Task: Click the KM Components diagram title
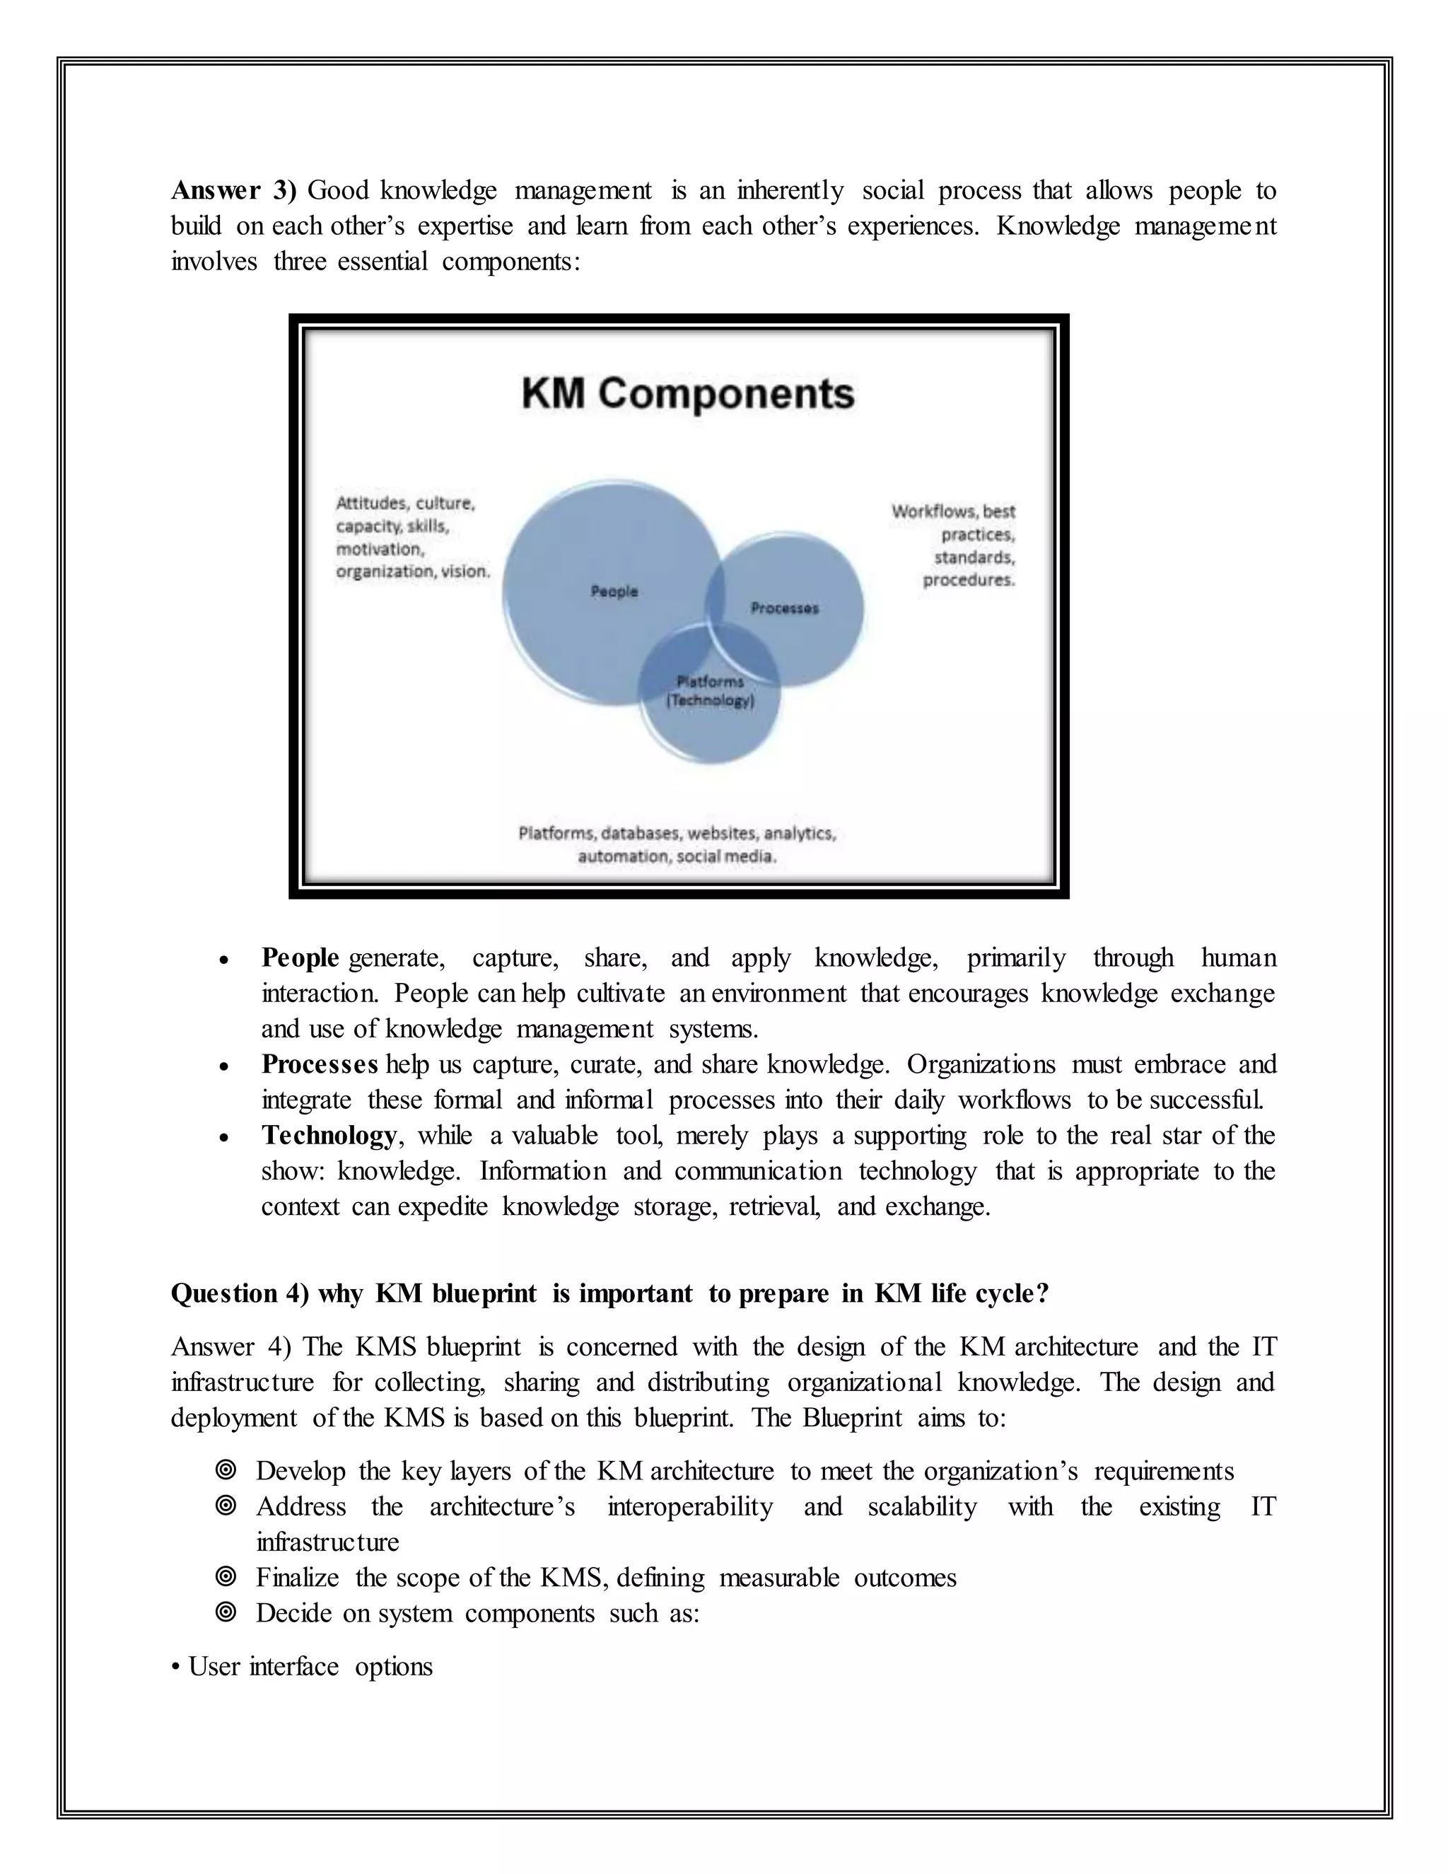[x=687, y=395]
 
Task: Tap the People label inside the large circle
[x=614, y=591]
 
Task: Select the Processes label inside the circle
[x=784, y=608]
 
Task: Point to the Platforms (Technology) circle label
[x=711, y=691]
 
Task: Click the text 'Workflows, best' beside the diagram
[x=953, y=511]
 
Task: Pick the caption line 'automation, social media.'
[x=677, y=856]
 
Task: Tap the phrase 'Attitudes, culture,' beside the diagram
[x=405, y=503]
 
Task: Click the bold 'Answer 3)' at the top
[x=233, y=190]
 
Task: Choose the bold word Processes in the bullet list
[x=319, y=1065]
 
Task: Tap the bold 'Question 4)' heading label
[x=240, y=1294]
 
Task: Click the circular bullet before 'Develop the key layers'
[x=226, y=1471]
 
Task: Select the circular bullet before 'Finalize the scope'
[x=226, y=1577]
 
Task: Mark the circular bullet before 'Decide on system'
[x=226, y=1613]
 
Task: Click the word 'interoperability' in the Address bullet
[x=689, y=1507]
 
